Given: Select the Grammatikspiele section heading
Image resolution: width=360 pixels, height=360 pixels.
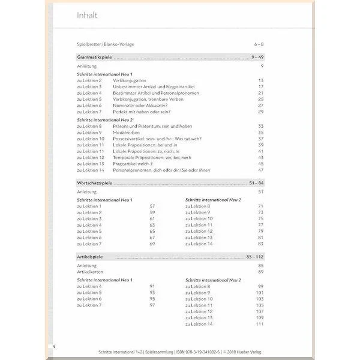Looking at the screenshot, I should (95, 57).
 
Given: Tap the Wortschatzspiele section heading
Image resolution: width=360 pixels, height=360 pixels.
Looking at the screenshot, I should (96, 182).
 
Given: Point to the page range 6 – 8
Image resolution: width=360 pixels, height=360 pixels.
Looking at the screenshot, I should (259, 44).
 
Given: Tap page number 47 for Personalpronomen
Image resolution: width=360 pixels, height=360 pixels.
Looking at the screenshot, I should (261, 170).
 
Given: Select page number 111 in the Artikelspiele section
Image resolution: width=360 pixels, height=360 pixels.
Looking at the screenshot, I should (260, 324).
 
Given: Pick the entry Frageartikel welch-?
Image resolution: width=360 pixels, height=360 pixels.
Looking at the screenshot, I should (133, 163).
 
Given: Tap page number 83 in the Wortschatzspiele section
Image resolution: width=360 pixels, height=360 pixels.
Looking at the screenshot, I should (261, 244).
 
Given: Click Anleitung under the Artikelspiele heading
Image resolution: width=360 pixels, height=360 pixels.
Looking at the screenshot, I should (86, 265).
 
